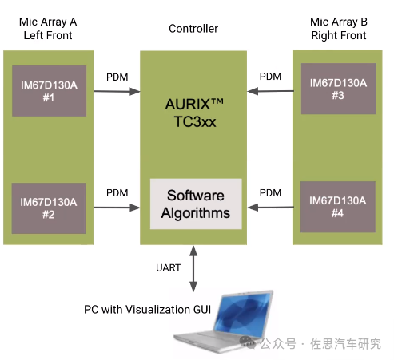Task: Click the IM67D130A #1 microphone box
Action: [49, 91]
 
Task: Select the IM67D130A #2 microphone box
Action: [49, 208]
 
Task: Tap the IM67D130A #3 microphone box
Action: [338, 89]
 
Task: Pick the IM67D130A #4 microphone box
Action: [338, 207]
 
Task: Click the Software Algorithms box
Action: [196, 204]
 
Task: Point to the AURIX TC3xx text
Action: [194, 113]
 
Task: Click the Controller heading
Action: [193, 29]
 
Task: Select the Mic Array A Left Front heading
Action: [48, 29]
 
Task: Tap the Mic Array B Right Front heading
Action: [339, 29]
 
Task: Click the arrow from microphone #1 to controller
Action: [117, 92]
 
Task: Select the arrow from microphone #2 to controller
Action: [117, 208]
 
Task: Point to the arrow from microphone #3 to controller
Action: [270, 91]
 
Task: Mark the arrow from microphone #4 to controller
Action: [270, 208]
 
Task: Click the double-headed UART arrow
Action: [193, 269]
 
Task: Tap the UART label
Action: [169, 267]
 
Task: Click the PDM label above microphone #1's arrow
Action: [117, 77]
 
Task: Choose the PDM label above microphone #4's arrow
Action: [270, 193]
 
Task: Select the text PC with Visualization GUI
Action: [147, 310]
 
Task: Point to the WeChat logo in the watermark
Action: [248, 342]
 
